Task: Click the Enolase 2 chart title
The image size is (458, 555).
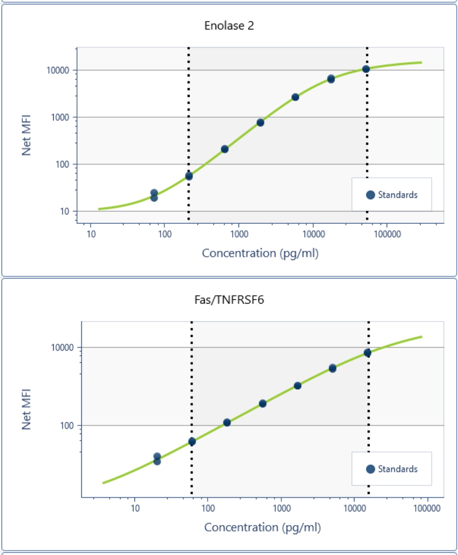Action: click(x=229, y=26)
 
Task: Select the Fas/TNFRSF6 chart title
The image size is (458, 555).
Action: click(x=229, y=300)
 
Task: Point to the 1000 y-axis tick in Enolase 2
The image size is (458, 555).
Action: click(x=59, y=117)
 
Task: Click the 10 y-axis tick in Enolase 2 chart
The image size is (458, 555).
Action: click(x=64, y=211)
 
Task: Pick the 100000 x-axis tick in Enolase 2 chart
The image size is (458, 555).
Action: click(x=386, y=234)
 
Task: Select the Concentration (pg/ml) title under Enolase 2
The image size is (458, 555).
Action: click(x=260, y=253)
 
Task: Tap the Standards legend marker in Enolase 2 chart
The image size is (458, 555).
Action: click(x=371, y=194)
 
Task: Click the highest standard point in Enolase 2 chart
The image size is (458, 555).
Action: click(x=366, y=69)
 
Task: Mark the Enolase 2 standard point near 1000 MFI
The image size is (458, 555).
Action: click(x=260, y=122)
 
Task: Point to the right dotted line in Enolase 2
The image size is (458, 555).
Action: click(x=367, y=142)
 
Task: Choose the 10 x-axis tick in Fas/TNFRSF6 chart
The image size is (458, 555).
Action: click(x=135, y=508)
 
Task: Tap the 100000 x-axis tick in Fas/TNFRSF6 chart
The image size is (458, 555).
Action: click(x=427, y=508)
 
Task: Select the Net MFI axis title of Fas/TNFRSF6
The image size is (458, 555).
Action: click(x=27, y=409)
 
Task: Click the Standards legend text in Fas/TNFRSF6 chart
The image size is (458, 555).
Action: click(x=398, y=469)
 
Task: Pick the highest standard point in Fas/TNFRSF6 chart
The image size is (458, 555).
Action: click(x=367, y=352)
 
